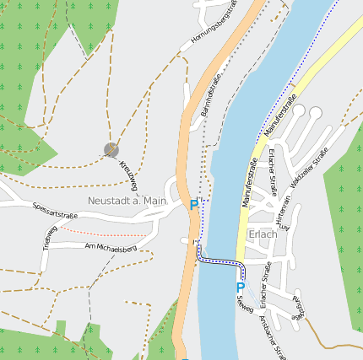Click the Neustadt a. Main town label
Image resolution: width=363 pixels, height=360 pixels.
127,201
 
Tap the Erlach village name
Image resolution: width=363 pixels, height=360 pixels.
263,234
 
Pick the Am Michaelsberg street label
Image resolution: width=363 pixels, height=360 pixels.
111,248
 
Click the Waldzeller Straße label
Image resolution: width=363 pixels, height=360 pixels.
309,168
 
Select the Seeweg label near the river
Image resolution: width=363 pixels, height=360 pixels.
244,303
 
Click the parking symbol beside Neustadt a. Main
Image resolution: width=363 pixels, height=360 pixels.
193,204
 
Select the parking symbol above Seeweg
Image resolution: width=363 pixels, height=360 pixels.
240,287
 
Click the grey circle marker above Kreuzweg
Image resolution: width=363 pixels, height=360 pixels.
111,149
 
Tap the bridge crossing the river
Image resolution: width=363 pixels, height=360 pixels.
220,262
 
